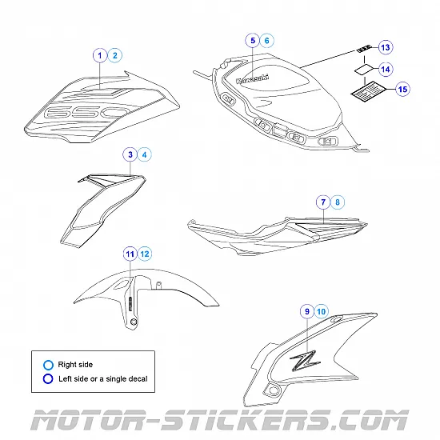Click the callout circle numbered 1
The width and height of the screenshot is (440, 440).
click(100, 55)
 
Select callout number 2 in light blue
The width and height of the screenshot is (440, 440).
click(114, 55)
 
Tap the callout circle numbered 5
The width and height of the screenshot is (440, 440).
click(253, 41)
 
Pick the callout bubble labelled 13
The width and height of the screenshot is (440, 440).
click(386, 47)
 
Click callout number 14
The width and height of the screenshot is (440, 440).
click(386, 70)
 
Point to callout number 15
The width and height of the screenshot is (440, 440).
click(402, 90)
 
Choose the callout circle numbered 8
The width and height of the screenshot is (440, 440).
click(338, 202)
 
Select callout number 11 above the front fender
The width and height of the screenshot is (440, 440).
click(130, 254)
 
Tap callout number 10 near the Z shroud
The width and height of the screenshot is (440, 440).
click(321, 311)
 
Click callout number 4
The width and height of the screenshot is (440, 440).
click(144, 154)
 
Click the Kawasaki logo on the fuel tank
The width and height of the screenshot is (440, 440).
click(252, 79)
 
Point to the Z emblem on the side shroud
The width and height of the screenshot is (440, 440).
click(305, 360)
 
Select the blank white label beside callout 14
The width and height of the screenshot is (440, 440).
click(364, 70)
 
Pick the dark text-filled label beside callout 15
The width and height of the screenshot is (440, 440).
click(369, 91)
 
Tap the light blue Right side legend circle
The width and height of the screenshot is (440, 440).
click(48, 365)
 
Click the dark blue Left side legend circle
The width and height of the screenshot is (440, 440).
click(48, 379)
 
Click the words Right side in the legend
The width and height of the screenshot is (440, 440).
click(75, 365)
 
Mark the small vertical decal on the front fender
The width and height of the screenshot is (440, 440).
click(130, 304)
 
